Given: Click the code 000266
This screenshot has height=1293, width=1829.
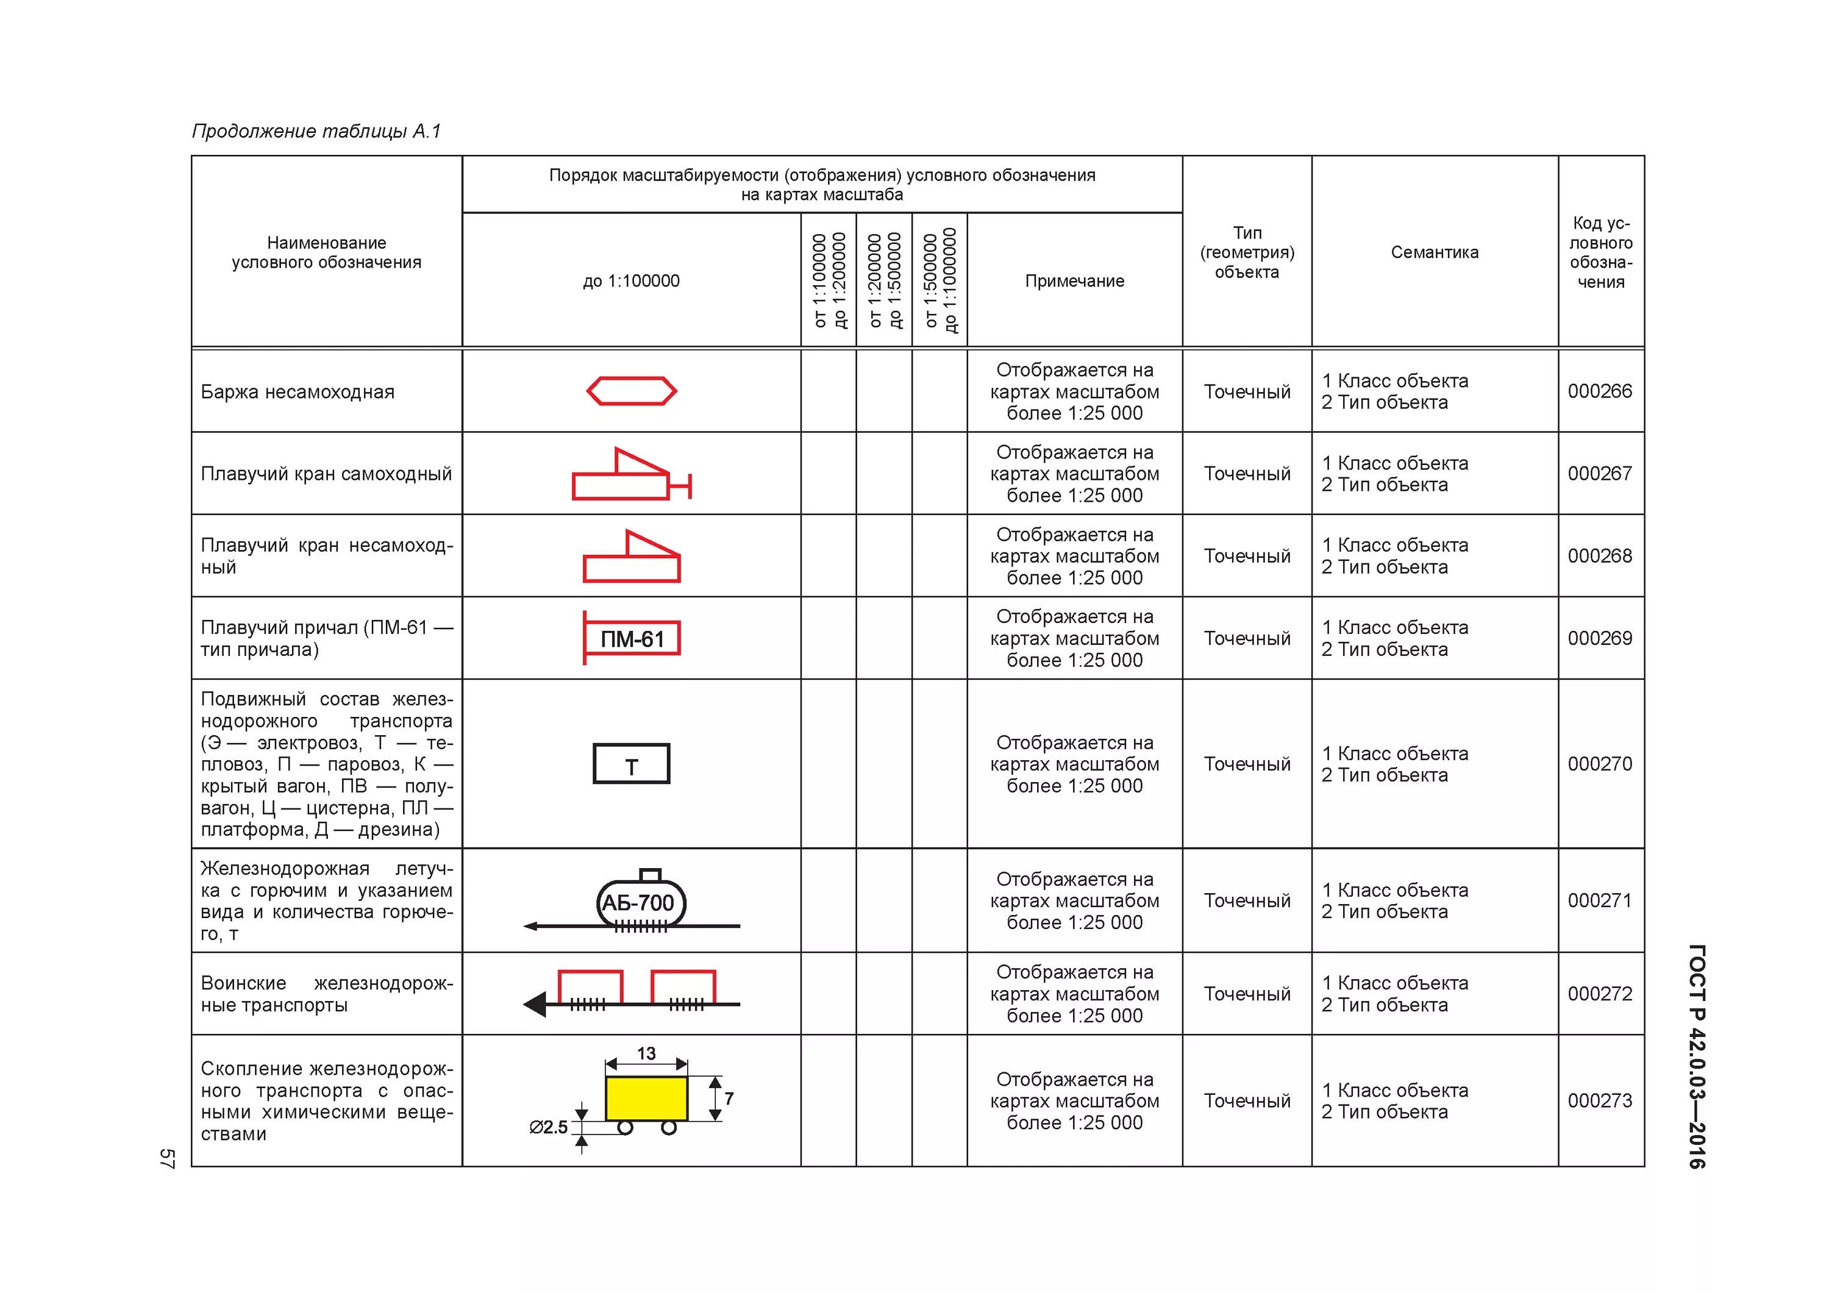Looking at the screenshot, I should pyautogui.click(x=1600, y=391).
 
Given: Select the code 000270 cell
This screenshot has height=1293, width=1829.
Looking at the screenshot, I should pyautogui.click(x=1600, y=764).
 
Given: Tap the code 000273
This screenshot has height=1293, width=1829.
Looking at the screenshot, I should pyautogui.click(x=1600, y=1100).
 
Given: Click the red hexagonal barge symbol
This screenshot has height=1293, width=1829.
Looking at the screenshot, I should pyautogui.click(x=632, y=391).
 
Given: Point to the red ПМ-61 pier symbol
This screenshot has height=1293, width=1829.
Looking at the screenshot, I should pyautogui.click(x=632, y=638).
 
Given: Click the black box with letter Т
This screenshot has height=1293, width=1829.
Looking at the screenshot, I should pyautogui.click(x=632, y=764).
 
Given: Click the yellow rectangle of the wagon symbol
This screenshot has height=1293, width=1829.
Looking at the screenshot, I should pyautogui.click(x=646, y=1099).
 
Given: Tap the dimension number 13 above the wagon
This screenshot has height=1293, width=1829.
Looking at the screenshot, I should pyautogui.click(x=646, y=1053).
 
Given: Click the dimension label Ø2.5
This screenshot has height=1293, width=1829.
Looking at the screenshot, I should pyautogui.click(x=549, y=1127).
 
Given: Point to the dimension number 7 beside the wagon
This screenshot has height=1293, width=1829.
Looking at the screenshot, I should pyautogui.click(x=729, y=1099).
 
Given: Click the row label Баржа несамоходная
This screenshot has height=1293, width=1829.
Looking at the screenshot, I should pyautogui.click(x=297, y=392).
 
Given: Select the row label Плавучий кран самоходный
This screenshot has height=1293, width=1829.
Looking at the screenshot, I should pyautogui.click(x=326, y=474).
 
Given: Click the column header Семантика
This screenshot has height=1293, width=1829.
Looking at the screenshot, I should pyautogui.click(x=1435, y=252).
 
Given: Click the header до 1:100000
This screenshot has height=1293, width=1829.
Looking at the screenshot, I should pyautogui.click(x=631, y=281).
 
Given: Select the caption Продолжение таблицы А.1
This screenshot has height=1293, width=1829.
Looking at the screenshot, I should pyautogui.click(x=316, y=132).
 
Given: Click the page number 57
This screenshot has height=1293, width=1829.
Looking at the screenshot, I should pyautogui.click(x=166, y=1158).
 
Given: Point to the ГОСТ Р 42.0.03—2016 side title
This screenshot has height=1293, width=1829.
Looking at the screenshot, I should pyautogui.click(x=1697, y=1056).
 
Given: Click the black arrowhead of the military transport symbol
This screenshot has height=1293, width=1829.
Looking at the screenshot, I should pyautogui.click(x=535, y=1005).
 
